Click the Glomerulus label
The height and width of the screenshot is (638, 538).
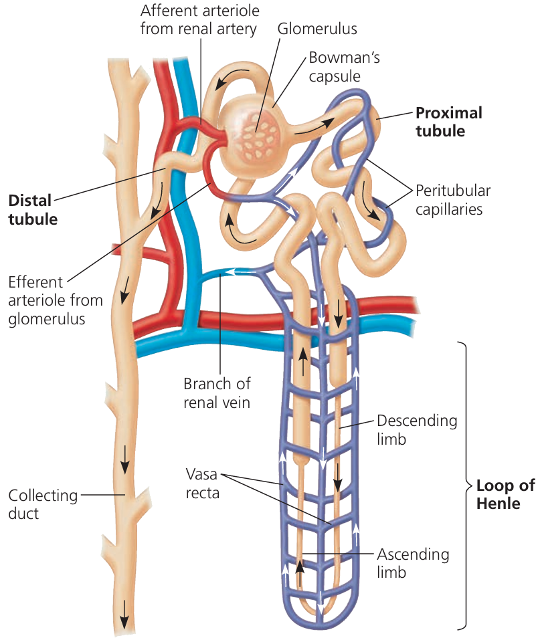point(317,29)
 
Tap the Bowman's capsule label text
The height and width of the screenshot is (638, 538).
point(344,67)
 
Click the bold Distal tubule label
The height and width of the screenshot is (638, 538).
point(32,209)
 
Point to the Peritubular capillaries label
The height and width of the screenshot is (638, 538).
point(453,200)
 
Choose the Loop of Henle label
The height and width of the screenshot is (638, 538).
point(505,494)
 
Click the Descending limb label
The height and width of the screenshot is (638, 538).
point(417,430)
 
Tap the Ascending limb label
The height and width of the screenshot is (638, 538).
point(413,563)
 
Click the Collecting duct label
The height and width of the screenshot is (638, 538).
point(33,504)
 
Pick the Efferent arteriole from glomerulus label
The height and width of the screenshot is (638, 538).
point(46,300)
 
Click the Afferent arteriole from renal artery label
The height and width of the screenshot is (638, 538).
point(200,20)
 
